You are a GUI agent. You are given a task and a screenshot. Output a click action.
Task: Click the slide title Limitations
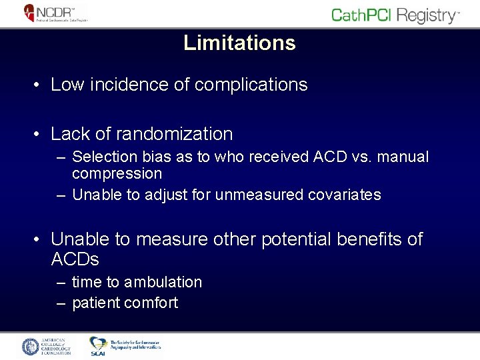tap(239, 43)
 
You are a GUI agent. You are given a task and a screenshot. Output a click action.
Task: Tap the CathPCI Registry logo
tap(395, 15)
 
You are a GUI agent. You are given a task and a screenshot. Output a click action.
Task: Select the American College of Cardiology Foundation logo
tap(47, 347)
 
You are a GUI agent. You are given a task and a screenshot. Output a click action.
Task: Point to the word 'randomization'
tap(174, 134)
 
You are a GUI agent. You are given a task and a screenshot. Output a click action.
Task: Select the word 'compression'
tap(117, 174)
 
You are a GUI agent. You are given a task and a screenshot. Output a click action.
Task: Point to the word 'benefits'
tap(369, 239)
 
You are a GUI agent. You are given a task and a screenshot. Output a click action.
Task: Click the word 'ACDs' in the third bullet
tap(75, 259)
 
